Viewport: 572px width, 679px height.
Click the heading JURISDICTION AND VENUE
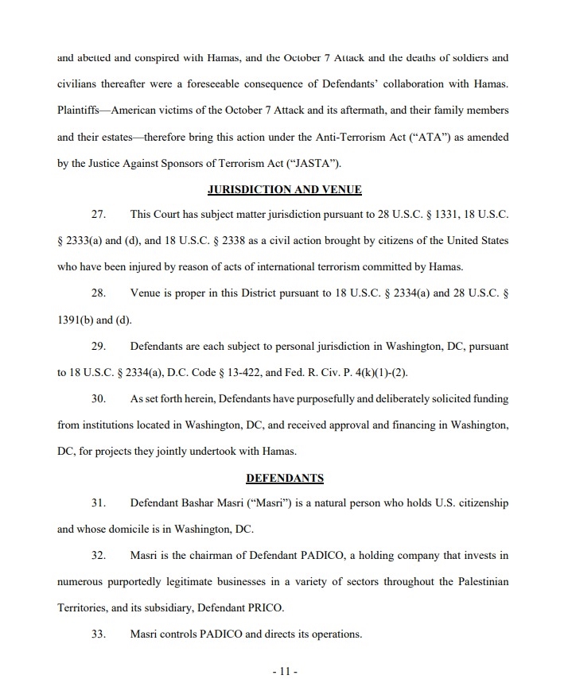click(x=284, y=189)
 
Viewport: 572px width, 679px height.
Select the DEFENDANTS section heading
click(x=284, y=478)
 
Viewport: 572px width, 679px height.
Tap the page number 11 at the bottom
click(x=284, y=671)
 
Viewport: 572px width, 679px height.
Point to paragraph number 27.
click(x=99, y=215)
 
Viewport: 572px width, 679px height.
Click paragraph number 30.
click(x=99, y=398)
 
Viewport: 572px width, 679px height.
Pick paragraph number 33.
click(x=99, y=634)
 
